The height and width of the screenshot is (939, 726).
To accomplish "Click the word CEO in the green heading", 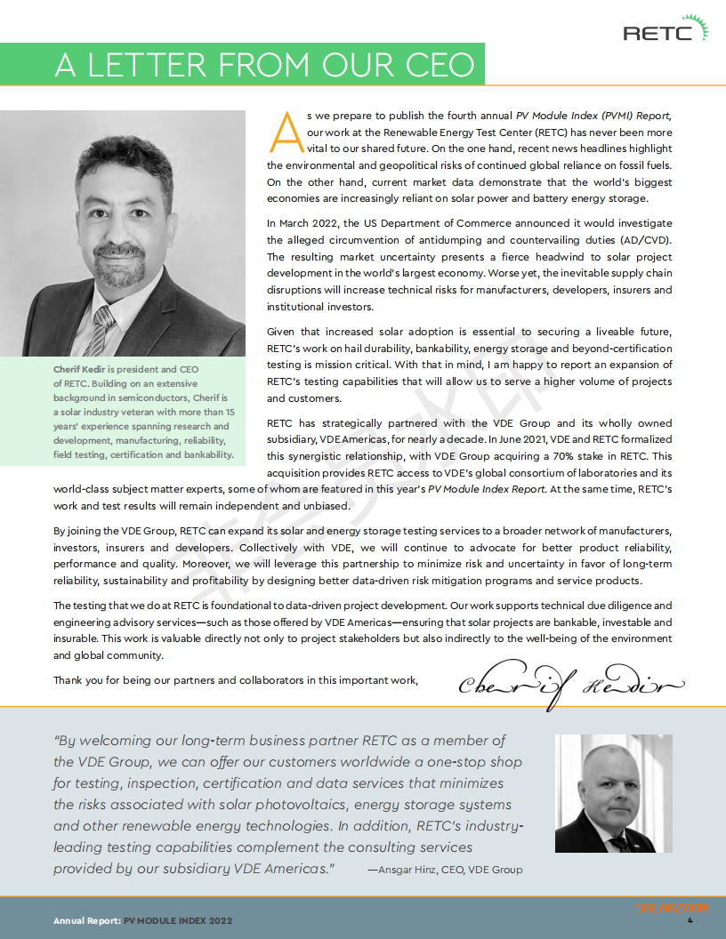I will click(431, 65).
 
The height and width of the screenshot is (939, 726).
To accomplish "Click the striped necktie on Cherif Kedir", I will click(102, 325).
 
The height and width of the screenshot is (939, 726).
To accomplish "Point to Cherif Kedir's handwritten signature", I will click(570, 684).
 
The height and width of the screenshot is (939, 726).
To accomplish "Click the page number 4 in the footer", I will click(690, 920).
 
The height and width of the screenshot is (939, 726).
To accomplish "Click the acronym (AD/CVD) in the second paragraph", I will click(641, 239).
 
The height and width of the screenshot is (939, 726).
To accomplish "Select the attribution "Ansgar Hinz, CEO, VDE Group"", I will click(449, 870).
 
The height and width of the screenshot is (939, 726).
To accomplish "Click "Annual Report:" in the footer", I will click(86, 921).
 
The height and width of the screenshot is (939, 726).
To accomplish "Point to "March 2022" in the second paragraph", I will click(314, 223).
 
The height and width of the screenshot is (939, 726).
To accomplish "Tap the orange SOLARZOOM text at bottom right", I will click(672, 907).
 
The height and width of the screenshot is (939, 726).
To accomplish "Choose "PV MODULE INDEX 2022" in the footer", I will click(177, 921).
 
